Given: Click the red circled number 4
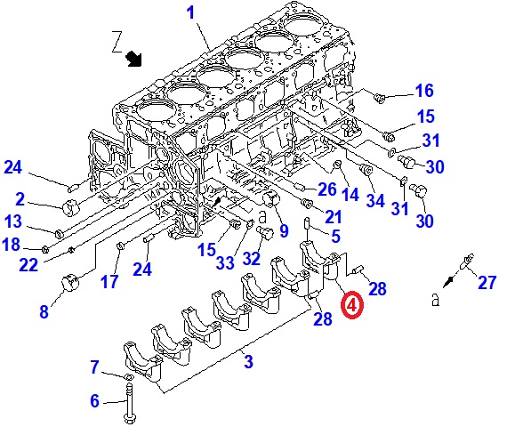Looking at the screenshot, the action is tap(352, 304).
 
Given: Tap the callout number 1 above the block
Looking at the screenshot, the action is tap(191, 13).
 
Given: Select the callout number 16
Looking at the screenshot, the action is tap(424, 90).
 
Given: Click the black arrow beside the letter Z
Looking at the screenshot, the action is tap(133, 59).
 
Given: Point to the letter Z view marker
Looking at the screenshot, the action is tap(117, 42).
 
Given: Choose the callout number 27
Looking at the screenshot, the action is tap(487, 282).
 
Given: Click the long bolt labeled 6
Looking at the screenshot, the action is tap(129, 403).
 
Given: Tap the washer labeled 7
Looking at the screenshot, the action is tap(128, 377).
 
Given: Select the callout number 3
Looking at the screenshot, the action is tap(248, 361).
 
